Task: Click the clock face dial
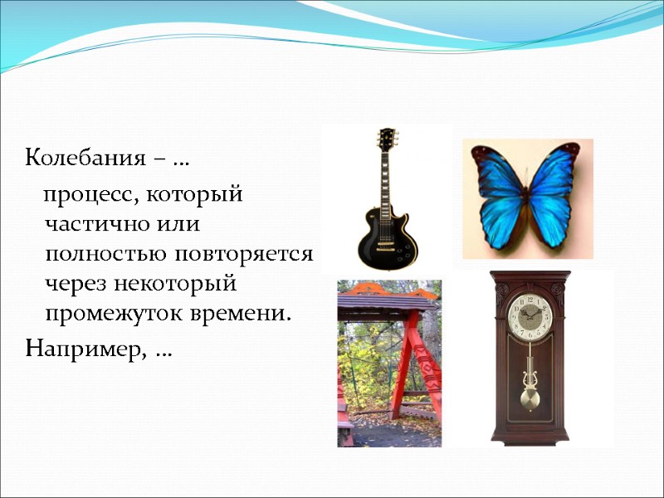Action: (529, 320)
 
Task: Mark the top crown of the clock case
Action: (530, 277)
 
